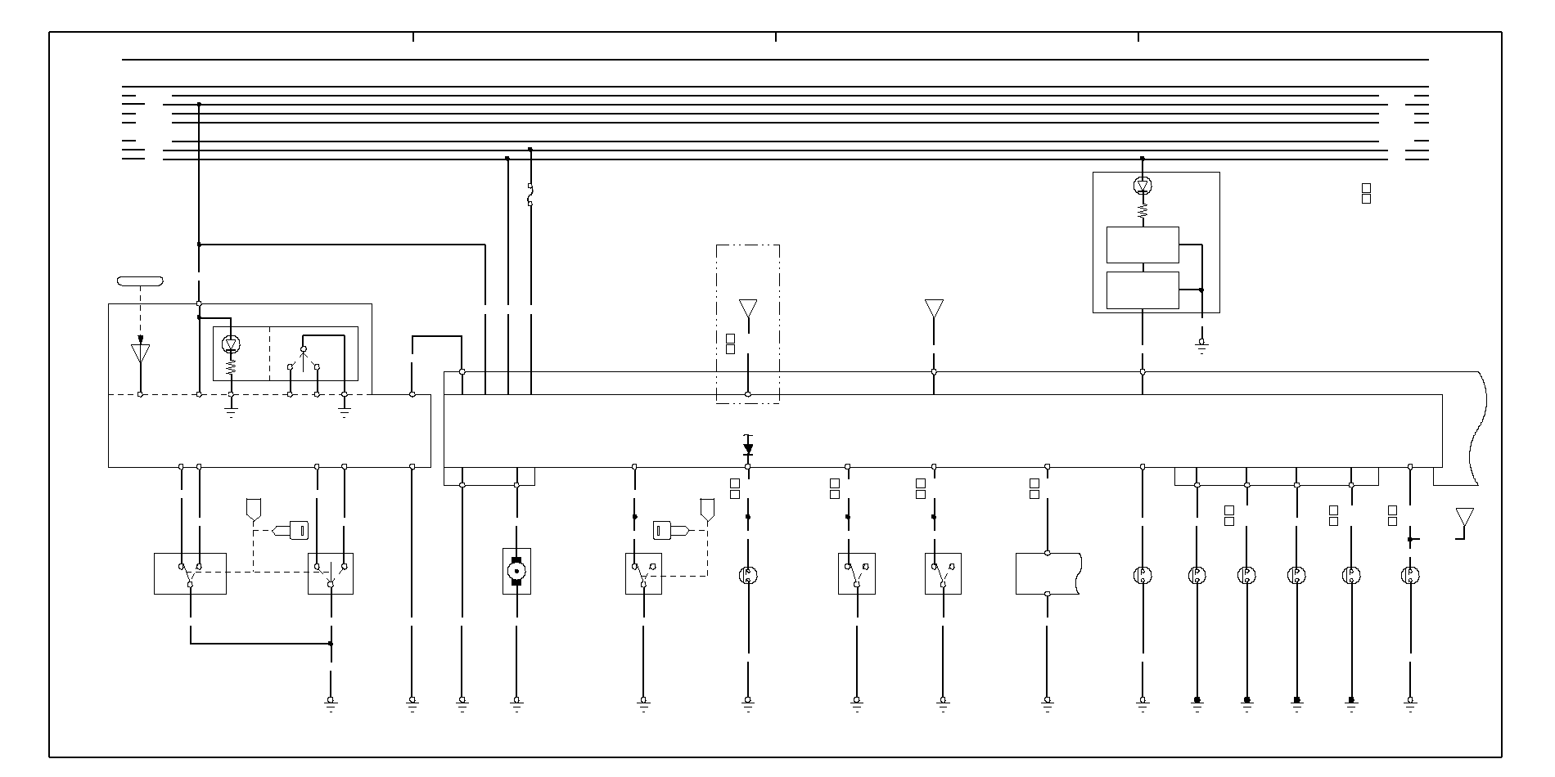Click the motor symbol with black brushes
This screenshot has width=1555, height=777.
click(516, 570)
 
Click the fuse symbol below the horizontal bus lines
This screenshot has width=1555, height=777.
click(530, 195)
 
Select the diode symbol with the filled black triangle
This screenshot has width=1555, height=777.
click(747, 449)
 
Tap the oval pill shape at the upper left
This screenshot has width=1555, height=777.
click(140, 281)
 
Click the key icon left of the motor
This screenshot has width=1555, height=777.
click(292, 530)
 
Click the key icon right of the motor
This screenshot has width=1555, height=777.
click(668, 530)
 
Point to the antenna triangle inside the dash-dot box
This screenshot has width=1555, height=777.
click(747, 309)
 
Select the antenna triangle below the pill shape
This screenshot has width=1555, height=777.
click(140, 353)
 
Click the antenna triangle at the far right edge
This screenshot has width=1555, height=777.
click(1464, 518)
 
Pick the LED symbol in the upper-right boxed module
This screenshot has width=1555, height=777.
click(1143, 186)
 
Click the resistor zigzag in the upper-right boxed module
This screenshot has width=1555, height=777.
click(1143, 210)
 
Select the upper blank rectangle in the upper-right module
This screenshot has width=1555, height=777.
click(1143, 245)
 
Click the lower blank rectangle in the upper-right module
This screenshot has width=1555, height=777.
click(1143, 290)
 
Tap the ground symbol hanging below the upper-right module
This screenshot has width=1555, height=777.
click(1201, 346)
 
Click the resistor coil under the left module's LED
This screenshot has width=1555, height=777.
click(231, 368)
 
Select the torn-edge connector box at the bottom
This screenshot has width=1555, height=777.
click(1048, 573)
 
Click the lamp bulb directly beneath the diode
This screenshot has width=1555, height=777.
click(747, 575)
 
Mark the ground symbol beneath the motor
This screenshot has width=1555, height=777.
click(516, 702)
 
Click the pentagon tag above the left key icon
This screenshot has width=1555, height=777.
click(253, 510)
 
